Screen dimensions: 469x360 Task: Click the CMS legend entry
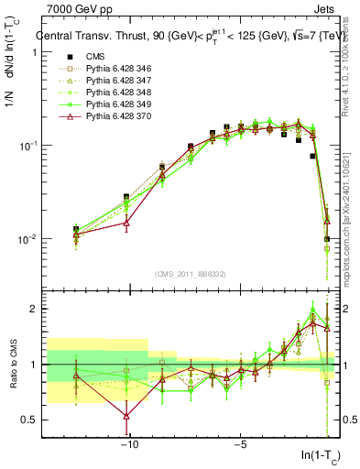coord(97,57)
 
